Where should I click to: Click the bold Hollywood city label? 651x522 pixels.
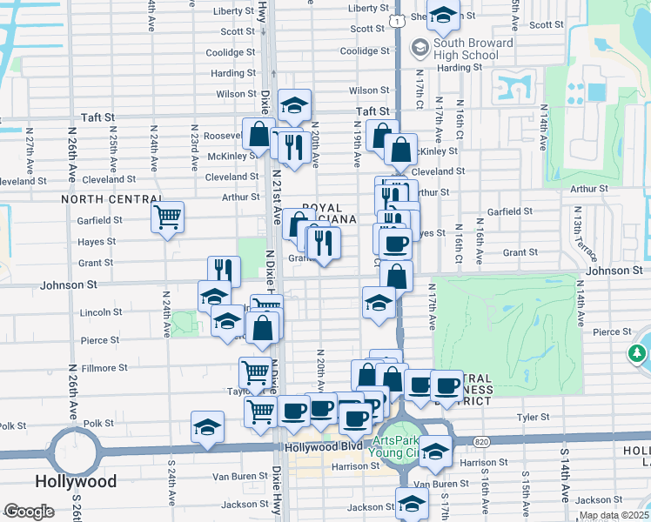(76, 481)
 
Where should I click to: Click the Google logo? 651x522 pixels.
(29, 512)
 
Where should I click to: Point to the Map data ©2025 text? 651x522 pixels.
(613, 515)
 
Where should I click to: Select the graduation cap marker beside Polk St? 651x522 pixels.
(207, 427)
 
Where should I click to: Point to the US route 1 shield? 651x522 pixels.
(396, 19)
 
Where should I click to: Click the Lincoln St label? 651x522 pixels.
(101, 311)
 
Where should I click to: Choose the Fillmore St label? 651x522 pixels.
(104, 368)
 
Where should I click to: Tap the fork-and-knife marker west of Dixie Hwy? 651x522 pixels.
(224, 270)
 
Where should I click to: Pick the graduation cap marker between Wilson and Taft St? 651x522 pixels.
(296, 104)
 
